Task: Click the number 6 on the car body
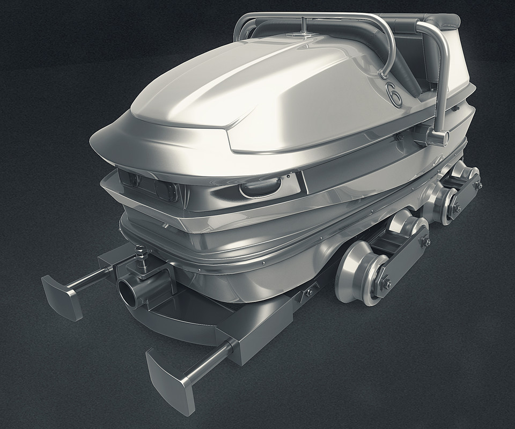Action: point(393,93)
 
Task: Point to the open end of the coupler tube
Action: point(126,290)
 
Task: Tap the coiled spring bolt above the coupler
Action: point(142,257)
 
